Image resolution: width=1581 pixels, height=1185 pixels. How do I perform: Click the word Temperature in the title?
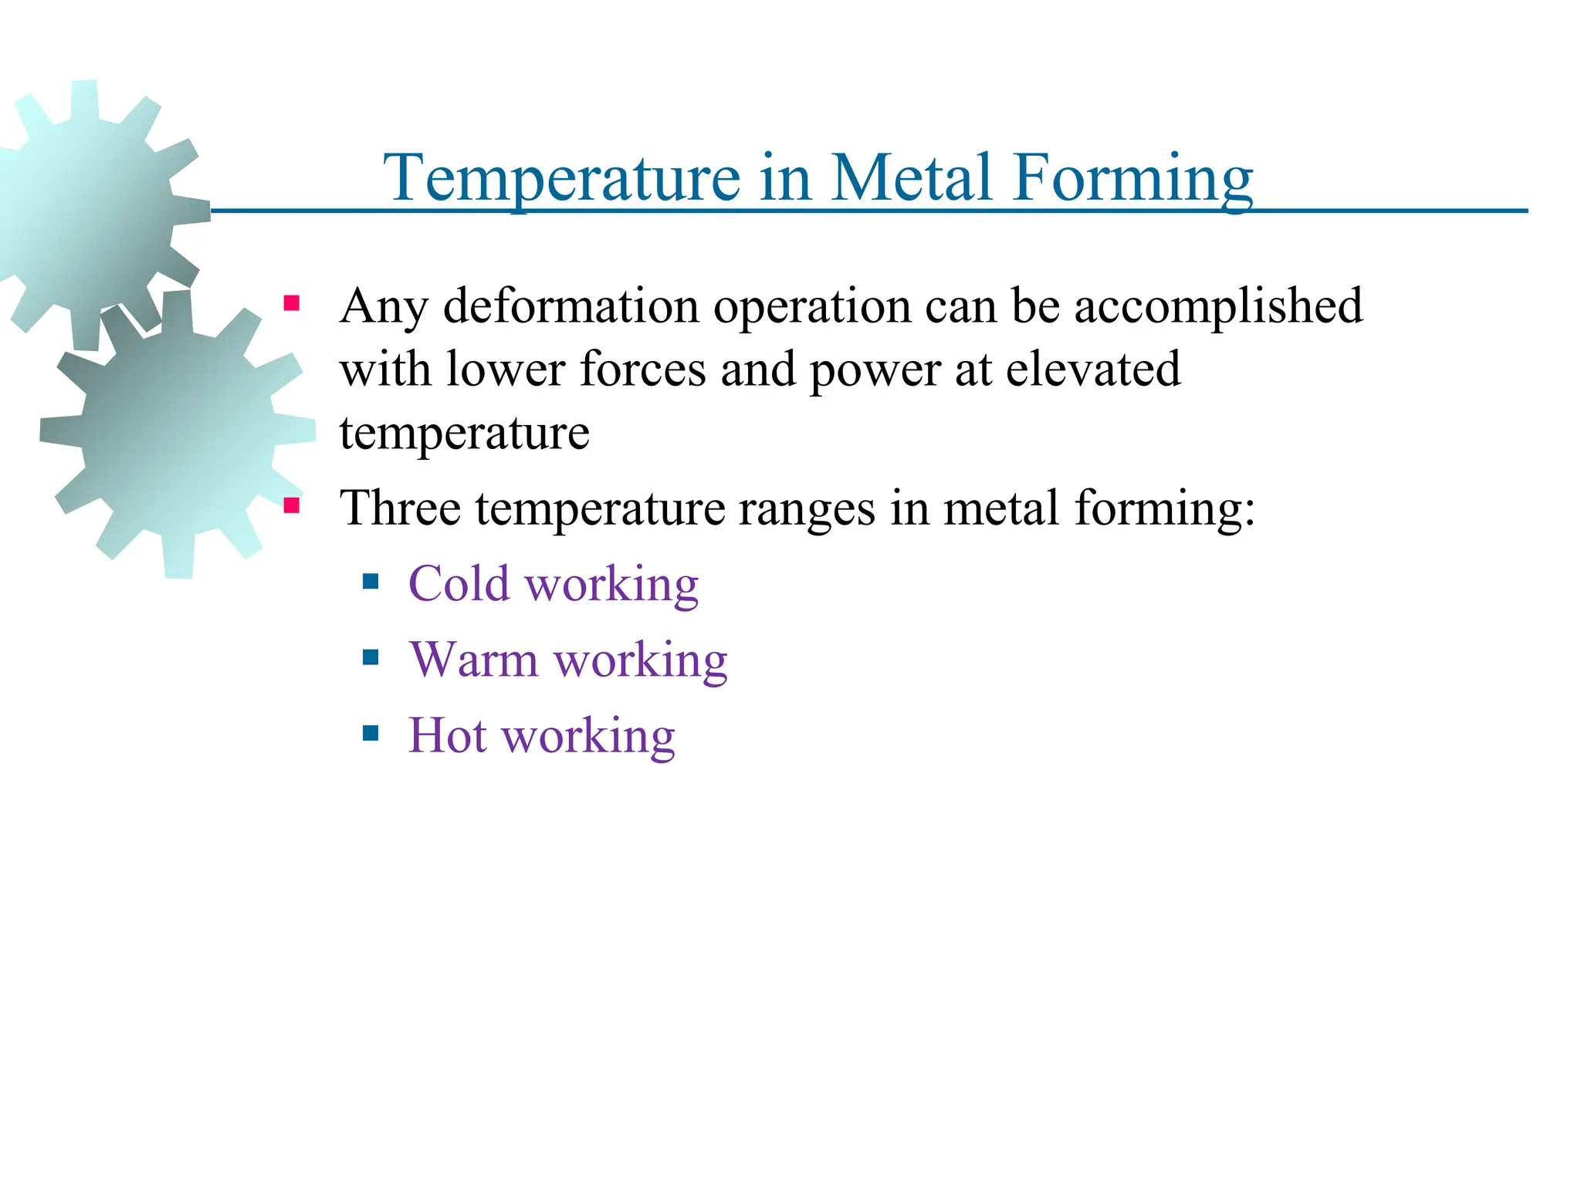pos(564,179)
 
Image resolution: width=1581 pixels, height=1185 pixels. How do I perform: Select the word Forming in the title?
pos(1132,179)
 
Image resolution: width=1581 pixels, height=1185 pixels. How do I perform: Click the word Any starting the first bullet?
pos(384,306)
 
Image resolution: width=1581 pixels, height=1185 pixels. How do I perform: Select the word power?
pos(875,370)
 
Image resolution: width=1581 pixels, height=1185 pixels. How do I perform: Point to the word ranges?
pos(807,510)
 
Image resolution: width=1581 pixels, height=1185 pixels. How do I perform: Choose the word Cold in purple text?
pos(459,583)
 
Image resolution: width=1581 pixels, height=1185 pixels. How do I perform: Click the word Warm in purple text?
pos(474,660)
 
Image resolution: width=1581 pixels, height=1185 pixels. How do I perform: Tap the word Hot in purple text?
pos(448,734)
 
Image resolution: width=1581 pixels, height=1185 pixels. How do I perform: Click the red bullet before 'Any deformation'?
pos(291,302)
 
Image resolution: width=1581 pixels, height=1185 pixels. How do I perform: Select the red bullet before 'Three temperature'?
pos(291,505)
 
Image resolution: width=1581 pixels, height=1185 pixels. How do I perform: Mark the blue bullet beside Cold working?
pos(371,581)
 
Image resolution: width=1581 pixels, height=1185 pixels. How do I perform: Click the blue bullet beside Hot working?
pos(371,732)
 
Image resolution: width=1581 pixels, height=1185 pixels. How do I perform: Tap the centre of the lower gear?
pos(178,434)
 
